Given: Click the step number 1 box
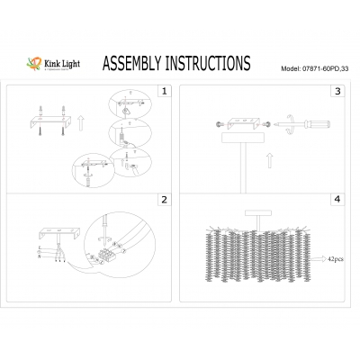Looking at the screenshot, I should point(163,91).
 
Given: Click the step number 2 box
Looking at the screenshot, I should point(163,199).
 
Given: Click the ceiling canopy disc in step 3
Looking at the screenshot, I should point(246,143).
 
